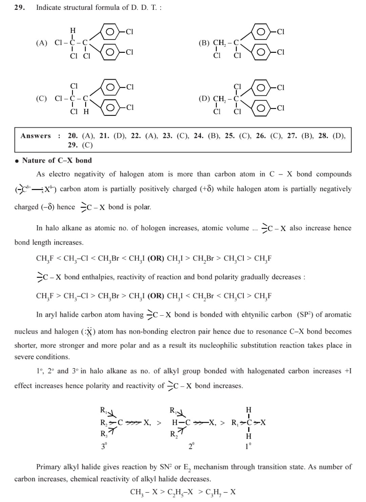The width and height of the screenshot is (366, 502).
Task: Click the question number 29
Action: coord(19,7)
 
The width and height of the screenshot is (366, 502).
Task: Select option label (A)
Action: coord(42,43)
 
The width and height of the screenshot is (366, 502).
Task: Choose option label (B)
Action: coord(204,43)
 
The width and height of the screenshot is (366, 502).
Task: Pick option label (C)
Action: coord(41,99)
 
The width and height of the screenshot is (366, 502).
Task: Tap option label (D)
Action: coord(204,99)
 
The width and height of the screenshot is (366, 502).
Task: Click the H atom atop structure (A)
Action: coord(73,30)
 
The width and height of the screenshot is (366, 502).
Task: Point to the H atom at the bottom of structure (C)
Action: coord(86,111)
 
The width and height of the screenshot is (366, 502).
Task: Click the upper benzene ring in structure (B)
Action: coord(261,32)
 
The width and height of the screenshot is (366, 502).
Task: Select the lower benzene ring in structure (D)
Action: coord(261,108)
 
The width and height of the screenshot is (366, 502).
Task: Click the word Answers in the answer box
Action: coord(36,136)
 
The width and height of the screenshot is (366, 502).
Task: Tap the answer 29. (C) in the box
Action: coord(80,145)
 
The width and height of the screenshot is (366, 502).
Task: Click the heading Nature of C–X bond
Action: coord(57,161)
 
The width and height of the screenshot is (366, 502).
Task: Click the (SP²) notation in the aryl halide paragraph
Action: coord(304,314)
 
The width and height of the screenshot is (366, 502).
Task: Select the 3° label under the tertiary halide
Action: coord(104,446)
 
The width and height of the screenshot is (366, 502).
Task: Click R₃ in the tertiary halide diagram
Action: coord(104,434)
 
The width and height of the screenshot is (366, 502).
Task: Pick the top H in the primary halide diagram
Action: coord(249,410)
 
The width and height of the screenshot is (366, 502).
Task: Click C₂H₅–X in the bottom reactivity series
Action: coord(180,492)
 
